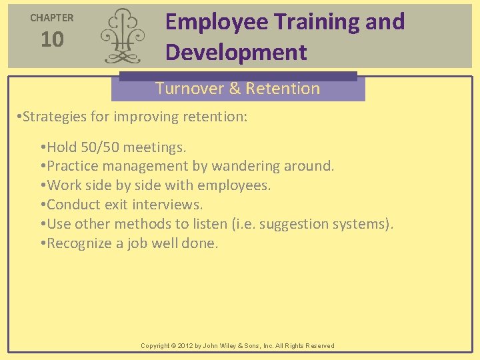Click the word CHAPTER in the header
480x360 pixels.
point(52,18)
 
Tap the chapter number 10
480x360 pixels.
point(52,40)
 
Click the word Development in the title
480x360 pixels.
point(236,52)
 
